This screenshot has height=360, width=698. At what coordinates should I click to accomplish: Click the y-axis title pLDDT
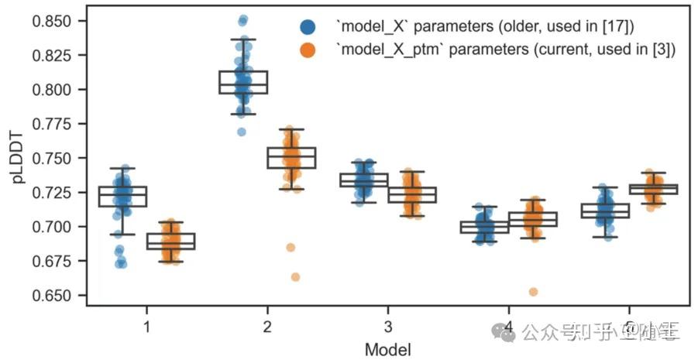[x=17, y=157]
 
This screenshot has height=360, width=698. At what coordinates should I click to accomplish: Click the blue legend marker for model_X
[x=308, y=27]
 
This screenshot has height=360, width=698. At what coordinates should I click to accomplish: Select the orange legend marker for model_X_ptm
[x=308, y=50]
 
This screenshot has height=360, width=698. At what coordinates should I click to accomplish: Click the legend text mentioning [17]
[x=484, y=27]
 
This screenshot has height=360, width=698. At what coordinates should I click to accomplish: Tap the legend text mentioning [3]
[x=505, y=50]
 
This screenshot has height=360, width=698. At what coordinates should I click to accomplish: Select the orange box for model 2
[x=291, y=157]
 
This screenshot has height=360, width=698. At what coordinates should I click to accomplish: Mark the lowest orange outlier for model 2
[x=295, y=277]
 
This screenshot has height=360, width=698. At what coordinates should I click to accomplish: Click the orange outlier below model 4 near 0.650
[x=533, y=292]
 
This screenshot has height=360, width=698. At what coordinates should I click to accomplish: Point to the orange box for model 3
[x=412, y=194]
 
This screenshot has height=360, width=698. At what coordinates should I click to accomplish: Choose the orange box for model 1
[x=170, y=241]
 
